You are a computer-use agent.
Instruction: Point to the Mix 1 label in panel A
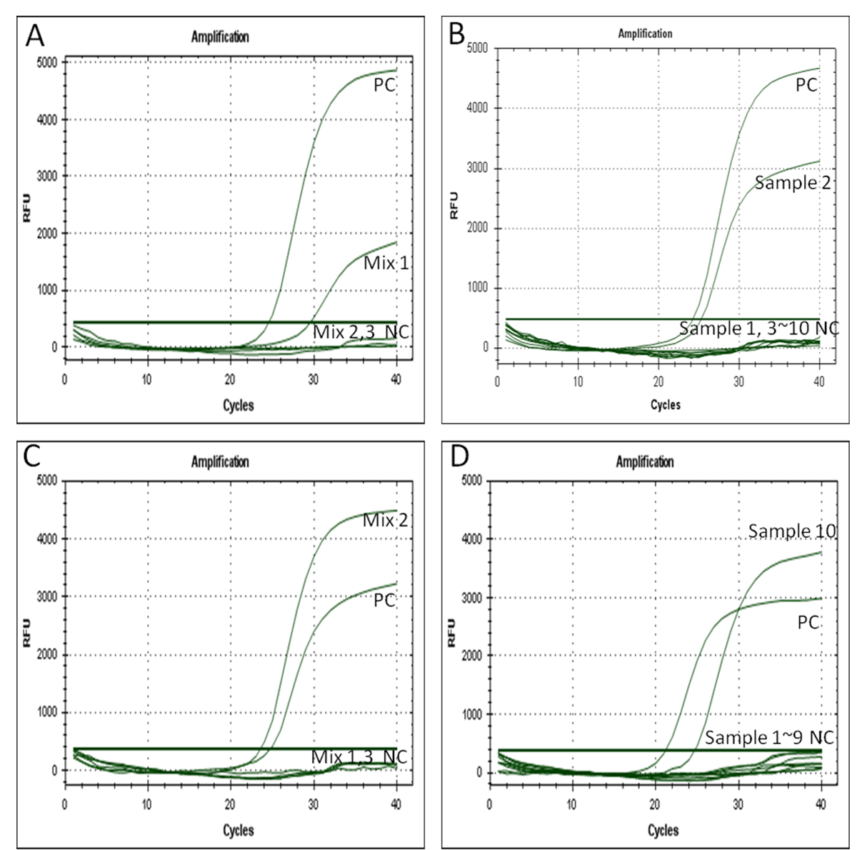coord(386,264)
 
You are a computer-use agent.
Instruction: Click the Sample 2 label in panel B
coord(792,183)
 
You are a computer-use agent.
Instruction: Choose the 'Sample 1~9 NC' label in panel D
coord(769,738)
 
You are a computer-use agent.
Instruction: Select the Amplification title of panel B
coord(645,34)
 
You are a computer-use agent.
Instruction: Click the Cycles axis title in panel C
coord(238,830)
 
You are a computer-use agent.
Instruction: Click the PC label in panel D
coord(808,622)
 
